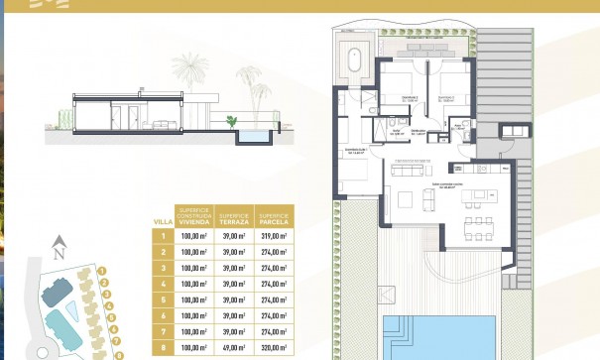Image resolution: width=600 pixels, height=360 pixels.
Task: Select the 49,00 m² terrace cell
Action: [x=233, y=348]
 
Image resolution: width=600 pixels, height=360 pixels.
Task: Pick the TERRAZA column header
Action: [x=233, y=215]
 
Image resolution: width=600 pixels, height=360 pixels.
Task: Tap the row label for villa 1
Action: [x=163, y=236]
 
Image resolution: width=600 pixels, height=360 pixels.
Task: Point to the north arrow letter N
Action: [x=60, y=241]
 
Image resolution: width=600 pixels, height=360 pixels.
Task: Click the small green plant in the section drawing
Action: [x=232, y=121]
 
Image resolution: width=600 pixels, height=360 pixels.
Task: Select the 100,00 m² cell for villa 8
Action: [x=194, y=348]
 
